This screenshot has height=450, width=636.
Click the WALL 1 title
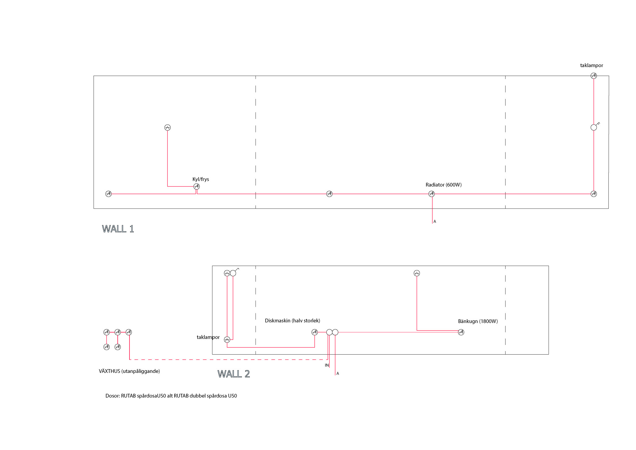[118, 229]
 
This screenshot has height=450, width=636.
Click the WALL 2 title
[234, 374]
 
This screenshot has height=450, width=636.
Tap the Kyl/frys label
[201, 179]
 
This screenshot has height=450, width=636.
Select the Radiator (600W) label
[443, 185]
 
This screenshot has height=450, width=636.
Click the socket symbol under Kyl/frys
[197, 186]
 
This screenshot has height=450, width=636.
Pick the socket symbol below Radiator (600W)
[431, 194]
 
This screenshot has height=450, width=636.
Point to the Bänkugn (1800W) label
[478, 321]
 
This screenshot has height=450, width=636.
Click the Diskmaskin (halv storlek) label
[292, 321]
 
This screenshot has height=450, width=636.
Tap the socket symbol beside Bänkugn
[461, 332]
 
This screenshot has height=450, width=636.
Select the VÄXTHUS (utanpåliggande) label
[129, 371]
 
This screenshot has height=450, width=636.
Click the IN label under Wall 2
[327, 365]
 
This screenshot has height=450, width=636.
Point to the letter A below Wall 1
[435, 222]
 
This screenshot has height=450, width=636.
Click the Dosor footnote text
[171, 396]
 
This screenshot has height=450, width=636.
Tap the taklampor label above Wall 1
[592, 66]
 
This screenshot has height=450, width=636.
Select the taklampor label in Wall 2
[208, 337]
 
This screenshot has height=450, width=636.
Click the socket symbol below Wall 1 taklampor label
[594, 76]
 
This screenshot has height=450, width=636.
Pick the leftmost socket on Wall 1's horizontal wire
[108, 194]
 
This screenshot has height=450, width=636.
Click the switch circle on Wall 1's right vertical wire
[594, 127]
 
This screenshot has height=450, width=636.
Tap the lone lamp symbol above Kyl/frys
[167, 127]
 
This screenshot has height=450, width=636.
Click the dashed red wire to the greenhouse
[228, 360]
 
